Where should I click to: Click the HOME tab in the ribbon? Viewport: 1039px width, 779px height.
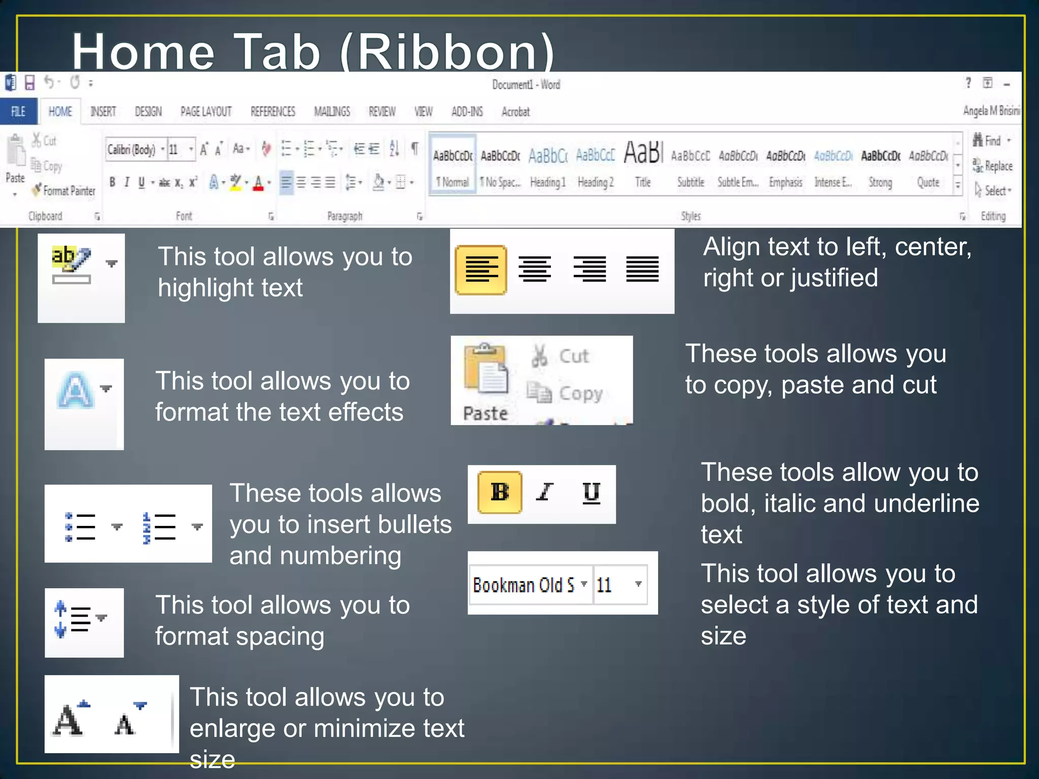pos(60,112)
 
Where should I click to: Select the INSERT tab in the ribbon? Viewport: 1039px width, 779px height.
pos(103,112)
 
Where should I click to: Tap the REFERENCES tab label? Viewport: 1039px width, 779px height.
pos(272,112)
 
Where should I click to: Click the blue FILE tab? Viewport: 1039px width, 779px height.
pos(18,112)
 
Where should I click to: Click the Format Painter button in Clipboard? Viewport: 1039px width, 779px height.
pos(64,191)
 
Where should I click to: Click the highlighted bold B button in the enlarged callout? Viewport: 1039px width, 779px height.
pos(500,492)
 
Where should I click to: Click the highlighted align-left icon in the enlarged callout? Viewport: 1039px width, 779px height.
pos(481,270)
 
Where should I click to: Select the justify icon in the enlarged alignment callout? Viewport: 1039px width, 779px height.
pos(642,269)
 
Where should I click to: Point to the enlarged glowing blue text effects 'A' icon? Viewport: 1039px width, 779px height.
pos(76,391)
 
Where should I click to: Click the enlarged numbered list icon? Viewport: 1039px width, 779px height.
pos(159,527)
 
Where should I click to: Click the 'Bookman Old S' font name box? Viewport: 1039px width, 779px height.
pos(525,585)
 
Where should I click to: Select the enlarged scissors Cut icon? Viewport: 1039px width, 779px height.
pos(540,355)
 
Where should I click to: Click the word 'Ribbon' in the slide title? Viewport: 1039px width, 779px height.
pos(446,52)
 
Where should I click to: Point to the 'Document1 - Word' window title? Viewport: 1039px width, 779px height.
pos(526,85)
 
